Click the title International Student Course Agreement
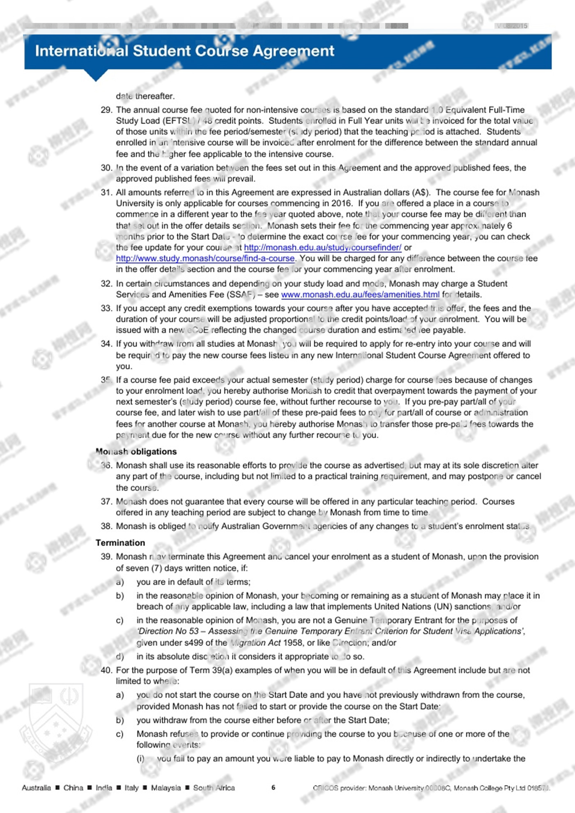pyautogui.click(x=184, y=51)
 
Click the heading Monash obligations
pyautogui.click(x=136, y=452)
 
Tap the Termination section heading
pyautogui.click(x=120, y=543)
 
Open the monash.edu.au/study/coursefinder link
pyautogui.click(x=322, y=247)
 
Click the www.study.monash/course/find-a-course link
pyautogui.click(x=205, y=258)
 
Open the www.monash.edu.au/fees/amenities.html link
pyautogui.click(x=360, y=294)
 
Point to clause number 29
pyautogui.click(x=106, y=110)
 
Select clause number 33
pyautogui.click(x=106, y=308)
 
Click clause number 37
pyautogui.click(x=106, y=502)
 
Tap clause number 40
pyautogui.click(x=106, y=671)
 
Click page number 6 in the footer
pyautogui.click(x=274, y=788)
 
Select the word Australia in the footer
pyautogui.click(x=36, y=788)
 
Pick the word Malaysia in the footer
pyautogui.click(x=166, y=788)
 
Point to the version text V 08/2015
pyautogui.click(x=512, y=26)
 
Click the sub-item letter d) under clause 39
pyautogui.click(x=120, y=657)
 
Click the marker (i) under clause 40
pyautogui.click(x=140, y=759)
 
